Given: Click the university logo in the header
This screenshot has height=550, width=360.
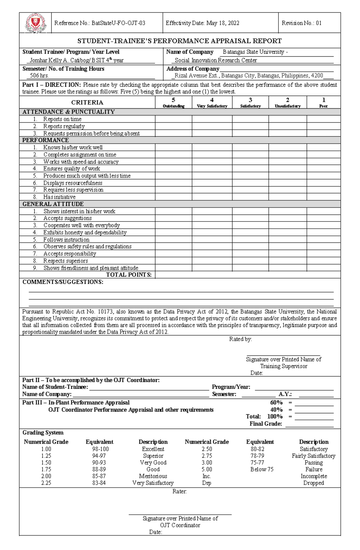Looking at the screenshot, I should (35, 23).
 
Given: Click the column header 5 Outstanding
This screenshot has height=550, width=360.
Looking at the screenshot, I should (173, 103).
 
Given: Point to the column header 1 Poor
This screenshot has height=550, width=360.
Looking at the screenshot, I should (323, 103).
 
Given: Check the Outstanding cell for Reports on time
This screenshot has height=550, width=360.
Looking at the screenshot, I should (173, 119).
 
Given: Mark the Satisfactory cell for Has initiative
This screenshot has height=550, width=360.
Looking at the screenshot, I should (250, 197).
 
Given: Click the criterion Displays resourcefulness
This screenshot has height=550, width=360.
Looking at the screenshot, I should (73, 183).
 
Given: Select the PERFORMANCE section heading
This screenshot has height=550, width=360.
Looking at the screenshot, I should (46, 140).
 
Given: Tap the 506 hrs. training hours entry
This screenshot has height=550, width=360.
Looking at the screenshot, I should (39, 76).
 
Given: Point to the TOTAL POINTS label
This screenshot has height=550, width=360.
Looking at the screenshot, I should (129, 275).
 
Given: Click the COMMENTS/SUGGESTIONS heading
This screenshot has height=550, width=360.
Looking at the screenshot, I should (63, 282).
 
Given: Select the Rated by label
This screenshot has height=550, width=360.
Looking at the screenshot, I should (240, 339).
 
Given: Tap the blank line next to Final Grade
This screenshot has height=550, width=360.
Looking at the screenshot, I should (309, 424).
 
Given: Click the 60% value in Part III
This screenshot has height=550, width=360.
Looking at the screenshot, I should (276, 403).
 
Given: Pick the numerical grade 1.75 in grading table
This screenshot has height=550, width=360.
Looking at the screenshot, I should (46, 469).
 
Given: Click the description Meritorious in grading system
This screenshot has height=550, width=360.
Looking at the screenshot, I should (153, 476).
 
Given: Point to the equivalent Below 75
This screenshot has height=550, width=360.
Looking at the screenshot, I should (262, 469).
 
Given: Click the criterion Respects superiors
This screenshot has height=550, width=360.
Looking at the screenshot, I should (65, 261).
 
